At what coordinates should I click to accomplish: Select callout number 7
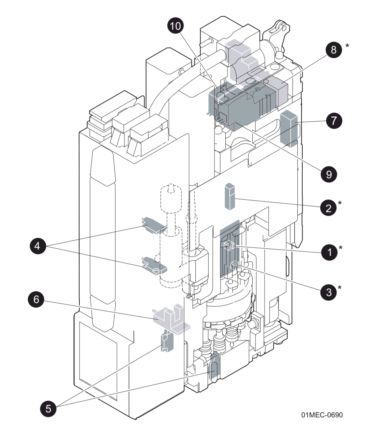334,121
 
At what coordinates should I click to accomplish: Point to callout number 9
328,174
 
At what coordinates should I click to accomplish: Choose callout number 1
328,252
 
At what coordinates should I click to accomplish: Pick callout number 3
328,291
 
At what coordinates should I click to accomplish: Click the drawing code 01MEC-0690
322,415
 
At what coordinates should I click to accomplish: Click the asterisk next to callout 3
340,288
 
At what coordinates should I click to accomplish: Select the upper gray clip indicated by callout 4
152,225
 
